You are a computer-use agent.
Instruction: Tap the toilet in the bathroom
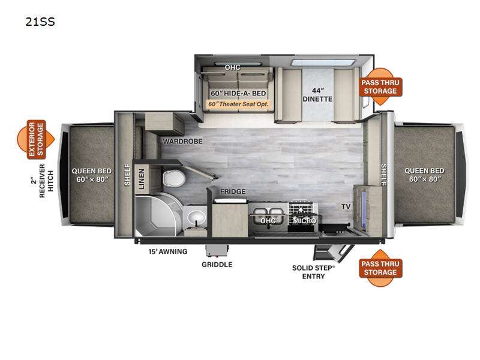173,178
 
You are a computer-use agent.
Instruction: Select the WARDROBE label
182,142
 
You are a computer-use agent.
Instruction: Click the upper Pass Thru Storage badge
379,86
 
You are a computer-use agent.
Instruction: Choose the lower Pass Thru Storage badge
379,268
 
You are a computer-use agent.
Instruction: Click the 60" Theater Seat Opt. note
238,104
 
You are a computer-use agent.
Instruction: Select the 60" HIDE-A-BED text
238,94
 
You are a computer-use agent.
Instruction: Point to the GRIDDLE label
217,264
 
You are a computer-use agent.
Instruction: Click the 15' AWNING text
168,251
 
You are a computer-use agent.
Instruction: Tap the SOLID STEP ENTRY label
314,272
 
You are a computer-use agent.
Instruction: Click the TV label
346,206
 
